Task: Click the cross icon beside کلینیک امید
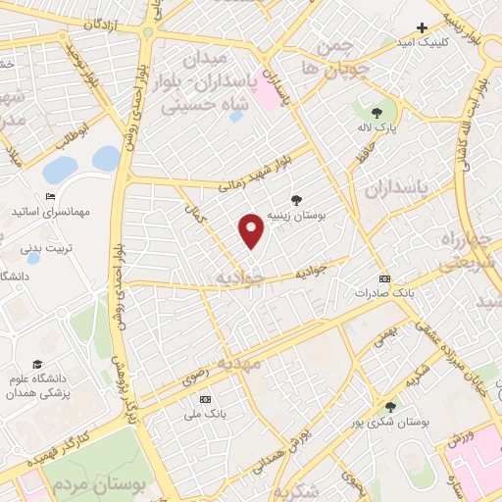pyautogui.click(x=423, y=28)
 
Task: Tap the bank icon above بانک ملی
pyautogui.click(x=205, y=400)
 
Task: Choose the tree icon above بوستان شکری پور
pyautogui.click(x=390, y=406)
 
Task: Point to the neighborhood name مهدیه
pyautogui.click(x=241, y=364)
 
